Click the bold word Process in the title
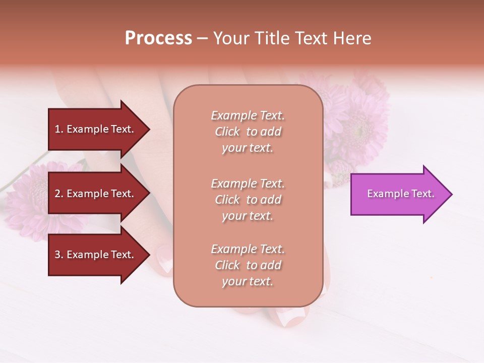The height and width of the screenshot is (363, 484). click(158, 38)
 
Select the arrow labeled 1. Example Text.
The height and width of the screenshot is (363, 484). click(96, 129)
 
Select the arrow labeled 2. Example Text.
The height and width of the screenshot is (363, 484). click(96, 194)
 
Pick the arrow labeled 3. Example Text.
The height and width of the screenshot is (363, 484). click(96, 255)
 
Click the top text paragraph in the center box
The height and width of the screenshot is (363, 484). click(248, 132)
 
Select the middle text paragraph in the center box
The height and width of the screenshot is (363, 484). click(248, 200)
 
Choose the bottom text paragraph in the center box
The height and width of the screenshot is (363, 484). click(248, 265)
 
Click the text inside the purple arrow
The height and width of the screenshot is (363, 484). click(400, 194)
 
